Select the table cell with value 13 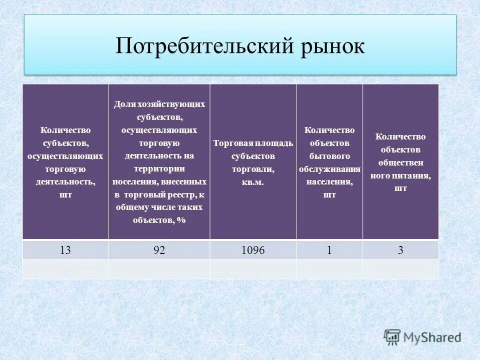65,250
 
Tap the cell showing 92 159,250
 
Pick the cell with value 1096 253,250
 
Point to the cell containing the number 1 329,250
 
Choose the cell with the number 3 400,250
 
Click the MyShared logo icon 392,337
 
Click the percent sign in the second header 182,220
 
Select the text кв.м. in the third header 253,182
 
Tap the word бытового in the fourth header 329,156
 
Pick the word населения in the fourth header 329,182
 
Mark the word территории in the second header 159,168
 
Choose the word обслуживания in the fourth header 329,169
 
